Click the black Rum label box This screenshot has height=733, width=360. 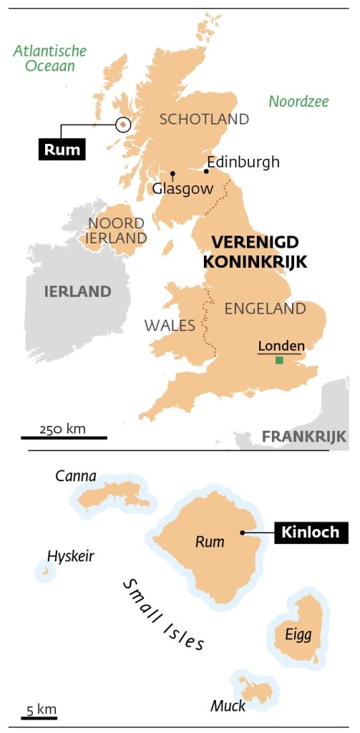coord(62,150)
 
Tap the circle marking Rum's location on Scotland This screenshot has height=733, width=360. coord(123,125)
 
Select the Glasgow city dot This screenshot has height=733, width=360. coord(172,174)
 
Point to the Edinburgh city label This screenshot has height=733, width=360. coord(243,162)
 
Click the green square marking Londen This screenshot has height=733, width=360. coord(279,361)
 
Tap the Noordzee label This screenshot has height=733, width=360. coord(298,102)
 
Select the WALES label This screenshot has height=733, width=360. coord(170,326)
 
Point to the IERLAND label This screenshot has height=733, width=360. coord(78,291)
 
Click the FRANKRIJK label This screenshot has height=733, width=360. coord(304,436)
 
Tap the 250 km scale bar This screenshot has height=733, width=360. coord(64,437)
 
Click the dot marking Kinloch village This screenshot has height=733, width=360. coord(243,533)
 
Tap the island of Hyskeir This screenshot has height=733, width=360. coord(45,571)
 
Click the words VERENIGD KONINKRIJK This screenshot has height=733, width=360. coord(255,251)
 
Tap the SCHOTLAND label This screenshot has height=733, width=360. coord(204,120)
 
